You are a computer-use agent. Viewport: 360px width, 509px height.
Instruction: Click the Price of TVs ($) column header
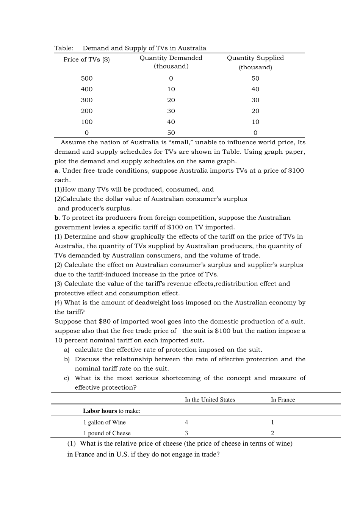tap(86, 59)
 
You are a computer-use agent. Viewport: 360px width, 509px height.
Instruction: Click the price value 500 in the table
tap(86, 78)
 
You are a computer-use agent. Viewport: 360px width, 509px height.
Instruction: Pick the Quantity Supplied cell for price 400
tap(255, 89)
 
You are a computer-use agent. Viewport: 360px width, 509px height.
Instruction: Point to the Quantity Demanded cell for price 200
tap(171, 111)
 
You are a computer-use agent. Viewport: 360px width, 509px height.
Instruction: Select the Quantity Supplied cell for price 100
tap(255, 122)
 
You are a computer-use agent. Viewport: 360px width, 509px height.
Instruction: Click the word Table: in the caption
tap(64, 48)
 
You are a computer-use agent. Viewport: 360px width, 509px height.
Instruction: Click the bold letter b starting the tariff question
tap(56, 218)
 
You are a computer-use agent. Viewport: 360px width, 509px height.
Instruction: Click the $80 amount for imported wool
tap(105, 322)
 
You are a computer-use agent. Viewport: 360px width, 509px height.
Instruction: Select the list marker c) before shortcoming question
tap(66, 378)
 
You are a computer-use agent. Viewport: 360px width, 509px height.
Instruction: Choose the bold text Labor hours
tap(100, 411)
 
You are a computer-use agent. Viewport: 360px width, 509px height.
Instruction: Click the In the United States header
tap(210, 400)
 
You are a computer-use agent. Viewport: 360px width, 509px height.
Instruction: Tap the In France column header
tap(283, 400)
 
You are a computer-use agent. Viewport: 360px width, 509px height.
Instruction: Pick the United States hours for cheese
tap(186, 433)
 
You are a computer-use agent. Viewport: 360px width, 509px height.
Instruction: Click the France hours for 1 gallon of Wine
tap(272, 422)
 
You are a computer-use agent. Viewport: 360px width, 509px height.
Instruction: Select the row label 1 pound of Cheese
tap(107, 433)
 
